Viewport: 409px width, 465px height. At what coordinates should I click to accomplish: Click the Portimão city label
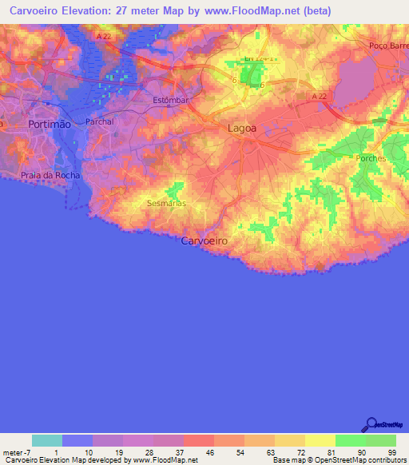50,125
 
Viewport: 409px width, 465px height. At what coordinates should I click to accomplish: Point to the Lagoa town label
242,128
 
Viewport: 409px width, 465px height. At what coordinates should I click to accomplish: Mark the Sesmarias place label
167,204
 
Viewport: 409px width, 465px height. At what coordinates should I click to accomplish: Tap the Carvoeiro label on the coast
204,240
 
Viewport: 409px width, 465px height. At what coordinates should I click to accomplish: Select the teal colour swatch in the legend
47,440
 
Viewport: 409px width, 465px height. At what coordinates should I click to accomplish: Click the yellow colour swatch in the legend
320,440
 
